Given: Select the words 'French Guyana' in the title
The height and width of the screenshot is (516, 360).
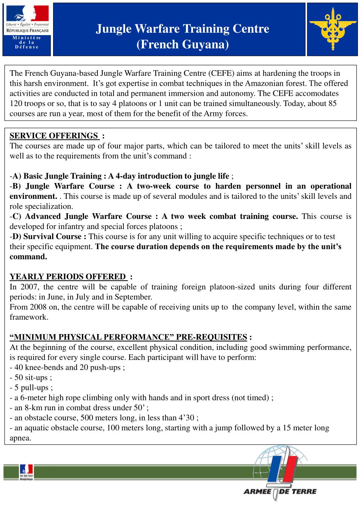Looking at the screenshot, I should click(182, 45).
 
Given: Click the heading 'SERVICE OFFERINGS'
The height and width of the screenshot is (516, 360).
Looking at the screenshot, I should click(54, 136).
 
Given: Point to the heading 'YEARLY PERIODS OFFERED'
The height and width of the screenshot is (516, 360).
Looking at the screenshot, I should click(67, 276).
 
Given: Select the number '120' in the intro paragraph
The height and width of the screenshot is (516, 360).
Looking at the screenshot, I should click(16, 104).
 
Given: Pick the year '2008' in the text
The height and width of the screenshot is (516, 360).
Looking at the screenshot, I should click(38, 307).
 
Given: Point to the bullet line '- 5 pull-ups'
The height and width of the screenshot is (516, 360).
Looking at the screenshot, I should click(31, 388).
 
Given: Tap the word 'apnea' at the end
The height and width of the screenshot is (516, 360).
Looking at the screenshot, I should click(20, 438).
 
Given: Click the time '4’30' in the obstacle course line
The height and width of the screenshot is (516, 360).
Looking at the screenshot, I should click(186, 418).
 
